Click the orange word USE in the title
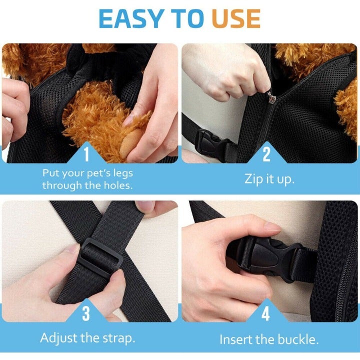pos(236,18)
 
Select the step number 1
pos(86,154)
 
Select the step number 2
pos(266,154)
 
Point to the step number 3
pos(86,313)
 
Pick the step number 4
pos(265,313)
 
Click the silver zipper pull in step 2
pos(271,97)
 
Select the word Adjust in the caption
pos(59,338)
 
